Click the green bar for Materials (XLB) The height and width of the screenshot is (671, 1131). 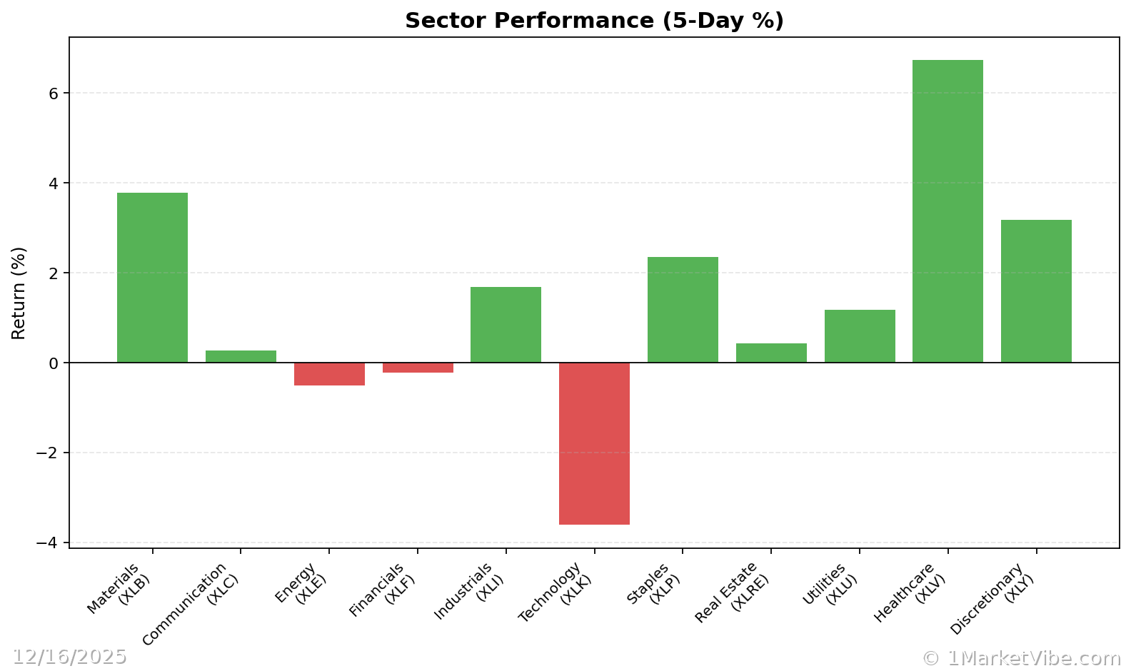(x=152, y=278)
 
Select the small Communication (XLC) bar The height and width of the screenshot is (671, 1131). (x=241, y=356)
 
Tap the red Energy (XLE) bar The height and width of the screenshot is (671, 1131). (x=329, y=374)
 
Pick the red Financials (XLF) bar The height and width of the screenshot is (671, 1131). (x=418, y=368)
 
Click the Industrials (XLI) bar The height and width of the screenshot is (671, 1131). (x=506, y=325)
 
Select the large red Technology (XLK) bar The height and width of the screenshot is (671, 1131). (x=594, y=443)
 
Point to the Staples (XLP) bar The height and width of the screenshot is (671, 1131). (x=683, y=310)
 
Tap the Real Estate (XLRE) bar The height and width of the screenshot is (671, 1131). (x=771, y=353)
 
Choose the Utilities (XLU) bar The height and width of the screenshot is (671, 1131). (x=860, y=336)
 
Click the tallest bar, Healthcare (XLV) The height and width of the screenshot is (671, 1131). (x=947, y=211)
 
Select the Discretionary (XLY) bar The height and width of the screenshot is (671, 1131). (x=1036, y=291)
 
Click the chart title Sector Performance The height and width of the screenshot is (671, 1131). (x=594, y=21)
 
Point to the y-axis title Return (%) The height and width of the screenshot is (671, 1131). (x=19, y=293)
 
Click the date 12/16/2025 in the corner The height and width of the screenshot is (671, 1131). (x=69, y=657)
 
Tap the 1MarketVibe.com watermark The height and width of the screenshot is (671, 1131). (x=1021, y=658)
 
